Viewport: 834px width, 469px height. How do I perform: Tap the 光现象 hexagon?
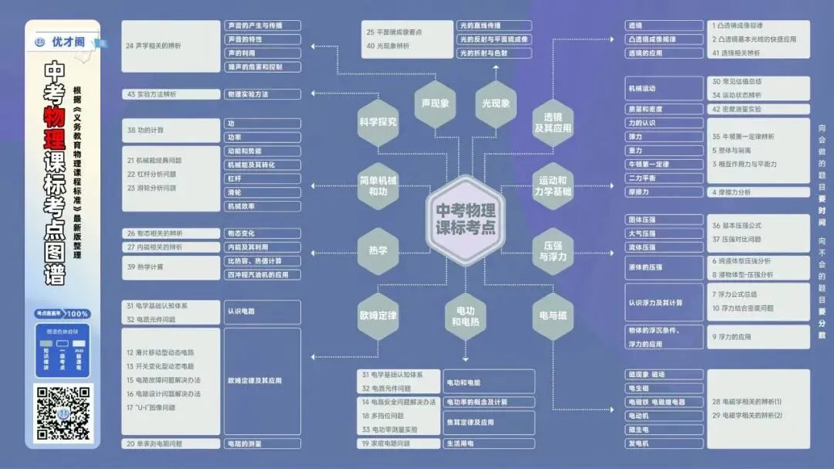coord(495,104)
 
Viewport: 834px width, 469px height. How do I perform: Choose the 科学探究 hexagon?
coord(378,121)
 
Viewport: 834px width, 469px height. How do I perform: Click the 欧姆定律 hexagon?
coord(378,315)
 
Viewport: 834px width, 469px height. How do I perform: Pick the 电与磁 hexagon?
coord(553,315)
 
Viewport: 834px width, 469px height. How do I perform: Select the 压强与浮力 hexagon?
coord(553,250)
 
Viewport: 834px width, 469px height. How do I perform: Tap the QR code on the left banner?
coord(63,412)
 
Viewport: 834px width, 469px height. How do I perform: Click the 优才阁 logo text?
coord(68,42)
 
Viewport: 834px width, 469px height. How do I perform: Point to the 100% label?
coord(77,314)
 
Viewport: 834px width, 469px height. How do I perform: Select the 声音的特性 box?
coord(263,39)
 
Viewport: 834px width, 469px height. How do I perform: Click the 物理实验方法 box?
coord(263,94)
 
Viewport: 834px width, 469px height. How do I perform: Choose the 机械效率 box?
coord(263,206)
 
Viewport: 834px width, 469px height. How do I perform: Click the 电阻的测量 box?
coord(263,444)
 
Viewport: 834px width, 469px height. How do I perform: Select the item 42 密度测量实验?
coord(760,109)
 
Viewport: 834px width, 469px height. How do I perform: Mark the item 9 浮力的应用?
coord(760,337)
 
